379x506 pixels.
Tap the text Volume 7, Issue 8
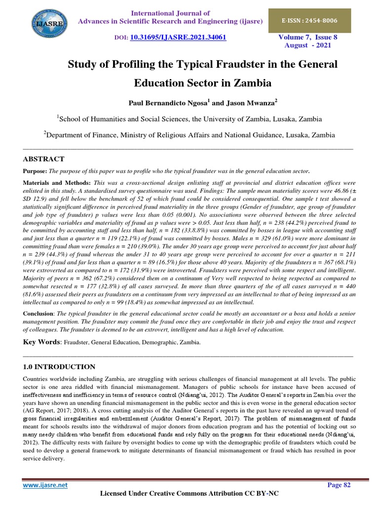point(308,37)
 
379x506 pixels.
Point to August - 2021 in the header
point(308,45)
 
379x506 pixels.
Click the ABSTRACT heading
point(44,159)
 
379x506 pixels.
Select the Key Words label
point(42,341)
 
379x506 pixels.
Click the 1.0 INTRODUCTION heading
point(60,367)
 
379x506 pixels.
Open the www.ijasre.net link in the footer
point(45,485)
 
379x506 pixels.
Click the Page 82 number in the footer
point(339,485)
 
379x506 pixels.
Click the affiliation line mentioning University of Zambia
point(189,119)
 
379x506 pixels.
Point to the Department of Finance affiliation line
point(189,135)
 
